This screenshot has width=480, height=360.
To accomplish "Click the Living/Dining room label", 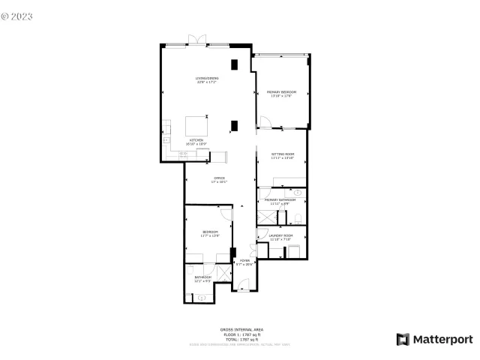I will click(x=206, y=79).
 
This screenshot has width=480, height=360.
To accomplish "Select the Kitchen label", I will click(x=196, y=141).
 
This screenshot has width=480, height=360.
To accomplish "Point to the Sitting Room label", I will click(x=283, y=155).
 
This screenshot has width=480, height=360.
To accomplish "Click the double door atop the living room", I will click(x=197, y=40).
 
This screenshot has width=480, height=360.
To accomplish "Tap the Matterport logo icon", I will click(x=403, y=339).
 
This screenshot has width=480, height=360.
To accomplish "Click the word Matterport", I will click(x=444, y=339).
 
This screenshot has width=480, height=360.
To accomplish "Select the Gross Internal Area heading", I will click(x=241, y=329).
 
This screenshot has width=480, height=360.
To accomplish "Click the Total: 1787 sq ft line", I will click(x=241, y=340).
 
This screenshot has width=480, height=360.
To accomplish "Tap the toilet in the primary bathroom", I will click(x=298, y=218).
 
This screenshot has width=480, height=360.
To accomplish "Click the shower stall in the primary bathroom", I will click(x=265, y=216).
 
